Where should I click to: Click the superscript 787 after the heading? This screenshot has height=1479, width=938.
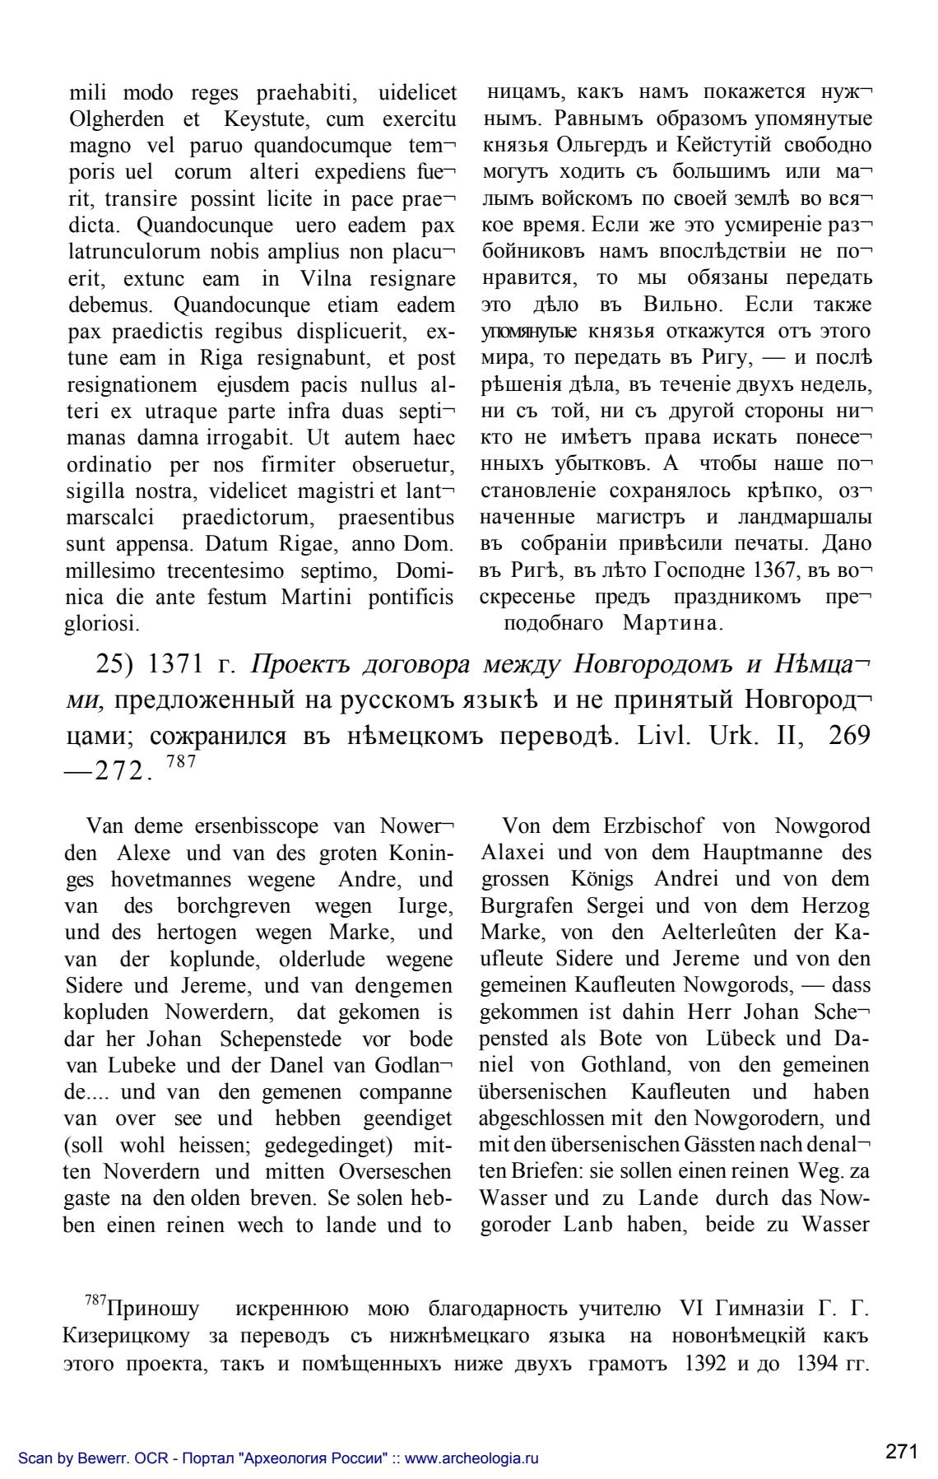(181, 761)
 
